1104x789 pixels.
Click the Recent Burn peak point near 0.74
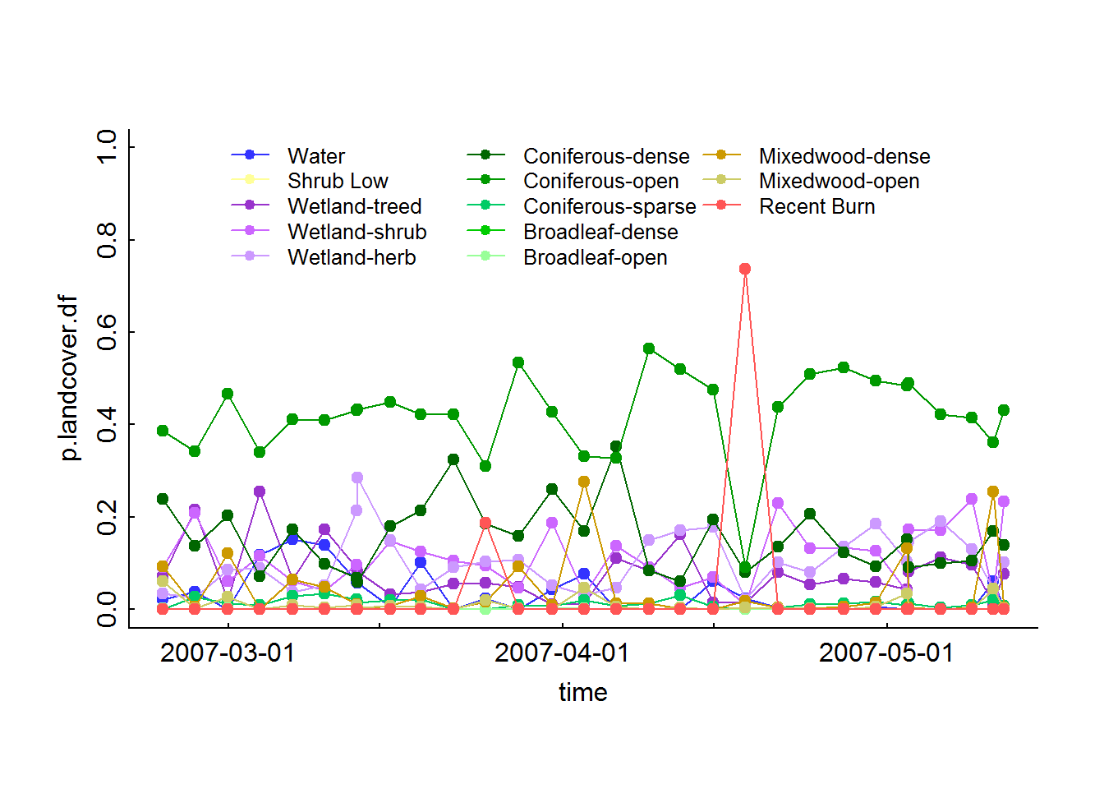pyautogui.click(x=745, y=269)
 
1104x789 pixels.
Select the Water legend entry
pyautogui.click(x=316, y=156)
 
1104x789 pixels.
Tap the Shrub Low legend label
pyautogui.click(x=338, y=181)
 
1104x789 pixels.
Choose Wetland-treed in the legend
pyautogui.click(x=354, y=206)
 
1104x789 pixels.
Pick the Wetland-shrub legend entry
pyautogui.click(x=356, y=232)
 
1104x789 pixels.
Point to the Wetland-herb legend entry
pyautogui.click(x=352, y=257)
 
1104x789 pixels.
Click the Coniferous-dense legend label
pyautogui.click(x=606, y=156)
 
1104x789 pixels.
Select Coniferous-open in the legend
pyautogui.click(x=600, y=181)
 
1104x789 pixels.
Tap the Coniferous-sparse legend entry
pyautogui.click(x=609, y=206)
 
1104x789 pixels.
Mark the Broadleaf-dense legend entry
pyautogui.click(x=600, y=232)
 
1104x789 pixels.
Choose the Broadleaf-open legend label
pyautogui.click(x=595, y=257)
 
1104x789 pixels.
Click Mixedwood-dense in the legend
pyautogui.click(x=844, y=156)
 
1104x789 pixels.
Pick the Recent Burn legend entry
pyautogui.click(x=816, y=206)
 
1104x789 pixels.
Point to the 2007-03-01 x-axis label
pyautogui.click(x=228, y=653)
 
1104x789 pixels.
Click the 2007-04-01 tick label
pyautogui.click(x=562, y=653)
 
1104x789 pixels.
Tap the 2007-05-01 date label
pyautogui.click(x=886, y=653)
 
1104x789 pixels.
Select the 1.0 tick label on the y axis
pyautogui.click(x=108, y=147)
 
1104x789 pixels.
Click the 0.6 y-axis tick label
pyautogui.click(x=108, y=332)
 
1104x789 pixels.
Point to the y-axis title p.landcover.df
pyautogui.click(x=69, y=378)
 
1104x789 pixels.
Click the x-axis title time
pyautogui.click(x=583, y=692)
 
